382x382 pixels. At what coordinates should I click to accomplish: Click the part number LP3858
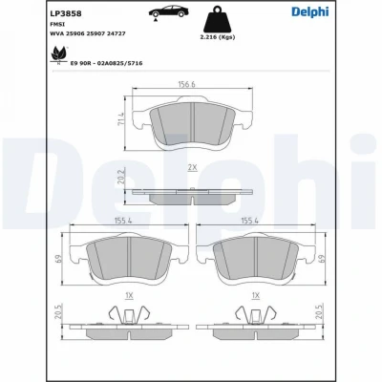[66, 13]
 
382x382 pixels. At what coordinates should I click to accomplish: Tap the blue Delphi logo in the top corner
[310, 11]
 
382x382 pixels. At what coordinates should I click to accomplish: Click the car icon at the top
[168, 12]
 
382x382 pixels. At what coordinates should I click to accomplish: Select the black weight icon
[218, 19]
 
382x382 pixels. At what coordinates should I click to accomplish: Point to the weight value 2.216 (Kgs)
[218, 37]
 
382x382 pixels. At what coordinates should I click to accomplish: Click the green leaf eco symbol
[59, 54]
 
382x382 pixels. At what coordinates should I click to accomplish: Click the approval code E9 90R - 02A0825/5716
[106, 63]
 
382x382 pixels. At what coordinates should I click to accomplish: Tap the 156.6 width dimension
[186, 84]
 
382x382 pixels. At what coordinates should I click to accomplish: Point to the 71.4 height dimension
[121, 118]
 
